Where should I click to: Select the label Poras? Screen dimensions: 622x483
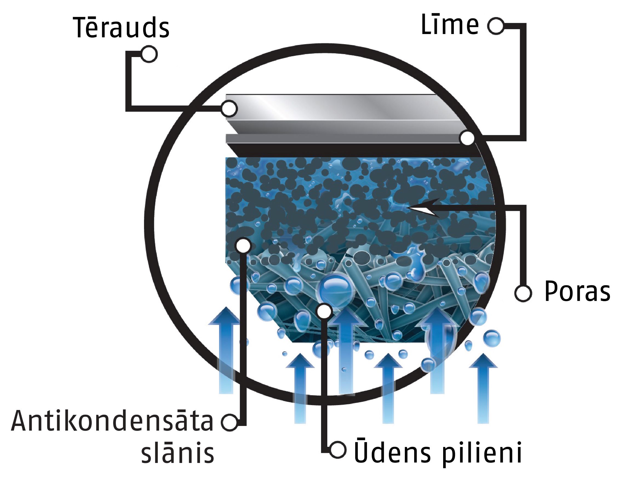tap(577, 291)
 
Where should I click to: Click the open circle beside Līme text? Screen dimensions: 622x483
tap(496, 26)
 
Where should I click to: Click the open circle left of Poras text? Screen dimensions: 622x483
tap(523, 293)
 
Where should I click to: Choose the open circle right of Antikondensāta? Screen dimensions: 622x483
tap(229, 422)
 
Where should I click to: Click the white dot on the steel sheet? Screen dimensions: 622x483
tap(229, 109)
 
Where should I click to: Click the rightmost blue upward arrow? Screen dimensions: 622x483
tap(483, 389)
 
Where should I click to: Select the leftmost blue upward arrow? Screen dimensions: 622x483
tap(226, 351)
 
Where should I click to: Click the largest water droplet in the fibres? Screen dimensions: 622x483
tap(335, 290)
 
